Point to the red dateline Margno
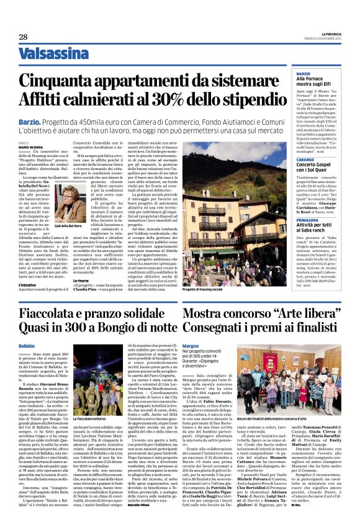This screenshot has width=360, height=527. pos(191,345)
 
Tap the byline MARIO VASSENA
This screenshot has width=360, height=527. pos(28,146)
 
